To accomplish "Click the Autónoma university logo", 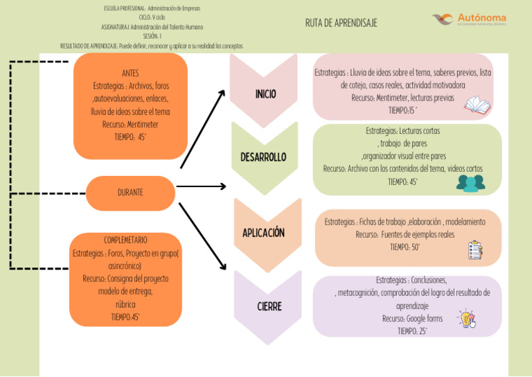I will click(x=468, y=19).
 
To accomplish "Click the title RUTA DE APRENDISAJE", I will click(x=341, y=23).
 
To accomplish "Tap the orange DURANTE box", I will click(x=130, y=193).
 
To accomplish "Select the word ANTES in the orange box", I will click(x=130, y=73).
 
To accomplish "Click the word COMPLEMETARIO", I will click(x=125, y=240).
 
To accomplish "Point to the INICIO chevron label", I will click(x=265, y=94).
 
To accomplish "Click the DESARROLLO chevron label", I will click(x=263, y=157).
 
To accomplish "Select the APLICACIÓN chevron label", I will click(x=263, y=233).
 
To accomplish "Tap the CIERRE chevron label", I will click(x=269, y=306).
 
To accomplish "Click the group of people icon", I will click(x=470, y=182).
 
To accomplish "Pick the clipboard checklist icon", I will click(x=475, y=249).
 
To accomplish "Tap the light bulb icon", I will click(x=465, y=319).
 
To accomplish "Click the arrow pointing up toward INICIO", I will click(x=203, y=128).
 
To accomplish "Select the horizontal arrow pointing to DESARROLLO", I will click(x=201, y=186).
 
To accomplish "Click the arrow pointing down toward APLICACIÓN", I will click(x=202, y=236).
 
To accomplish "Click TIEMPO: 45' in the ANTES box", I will click(x=130, y=137).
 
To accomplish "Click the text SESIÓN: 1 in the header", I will click(x=152, y=36).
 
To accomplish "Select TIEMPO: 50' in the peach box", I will click(x=405, y=247).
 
